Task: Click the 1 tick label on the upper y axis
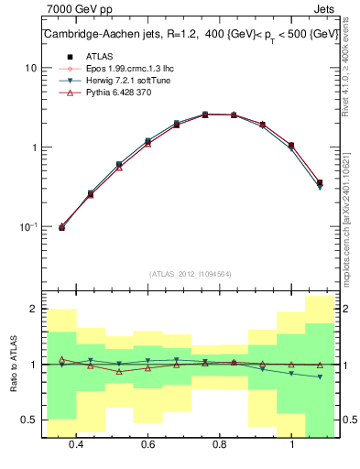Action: [31, 147]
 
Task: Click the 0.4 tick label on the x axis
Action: [76, 444]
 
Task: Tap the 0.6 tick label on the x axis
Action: [147, 444]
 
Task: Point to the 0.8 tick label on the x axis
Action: [220, 444]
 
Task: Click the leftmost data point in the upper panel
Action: [61, 227]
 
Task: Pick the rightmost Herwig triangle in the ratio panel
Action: [319, 376]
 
